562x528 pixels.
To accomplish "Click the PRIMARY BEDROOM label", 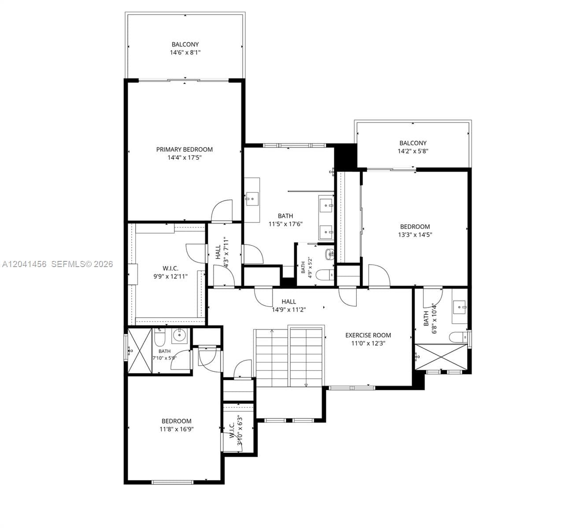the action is point(184,150).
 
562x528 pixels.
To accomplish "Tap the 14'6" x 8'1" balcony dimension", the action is point(185,53).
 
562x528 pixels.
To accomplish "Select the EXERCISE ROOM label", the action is point(368,335).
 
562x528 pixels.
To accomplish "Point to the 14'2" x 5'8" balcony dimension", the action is point(413,151).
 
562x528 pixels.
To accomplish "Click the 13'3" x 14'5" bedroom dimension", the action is point(415,235).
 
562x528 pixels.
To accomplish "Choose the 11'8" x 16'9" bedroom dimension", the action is point(176,429).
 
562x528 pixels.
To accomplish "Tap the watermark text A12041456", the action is point(24,264).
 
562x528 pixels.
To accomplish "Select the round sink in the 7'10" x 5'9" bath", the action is point(179,336).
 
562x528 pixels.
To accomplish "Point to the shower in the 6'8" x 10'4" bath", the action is point(441,357).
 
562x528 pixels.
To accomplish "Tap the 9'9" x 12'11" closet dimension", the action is point(170,277).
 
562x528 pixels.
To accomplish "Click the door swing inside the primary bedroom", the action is point(222,210).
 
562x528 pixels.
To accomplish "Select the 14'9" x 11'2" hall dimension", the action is point(288,310).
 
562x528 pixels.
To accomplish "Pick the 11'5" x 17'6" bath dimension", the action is point(285,224).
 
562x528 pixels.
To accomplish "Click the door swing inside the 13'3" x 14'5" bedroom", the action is point(379,275).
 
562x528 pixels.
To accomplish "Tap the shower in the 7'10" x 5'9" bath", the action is point(140,351).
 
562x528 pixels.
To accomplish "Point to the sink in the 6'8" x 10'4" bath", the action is point(459,308).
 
